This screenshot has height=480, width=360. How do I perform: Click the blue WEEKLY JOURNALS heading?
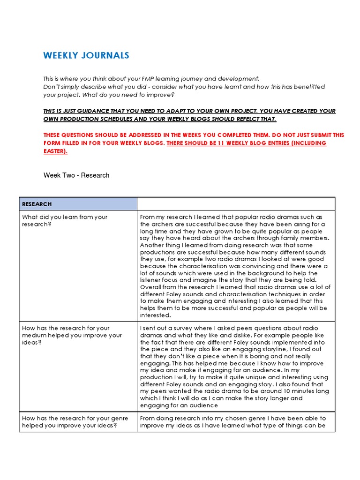coord(86,56)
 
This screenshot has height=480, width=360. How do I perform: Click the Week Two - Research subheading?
coord(76,175)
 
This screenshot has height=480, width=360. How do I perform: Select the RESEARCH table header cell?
coord(78,204)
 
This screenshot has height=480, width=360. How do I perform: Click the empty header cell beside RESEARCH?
coord(236,204)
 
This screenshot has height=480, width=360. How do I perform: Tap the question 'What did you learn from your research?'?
coord(65,220)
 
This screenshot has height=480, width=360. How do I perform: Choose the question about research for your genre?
coord(69,421)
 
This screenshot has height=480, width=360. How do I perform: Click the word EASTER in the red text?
coord(55,151)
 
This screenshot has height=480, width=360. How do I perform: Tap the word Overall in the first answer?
coord(151,287)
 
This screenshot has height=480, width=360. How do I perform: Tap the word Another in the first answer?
coord(153,245)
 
